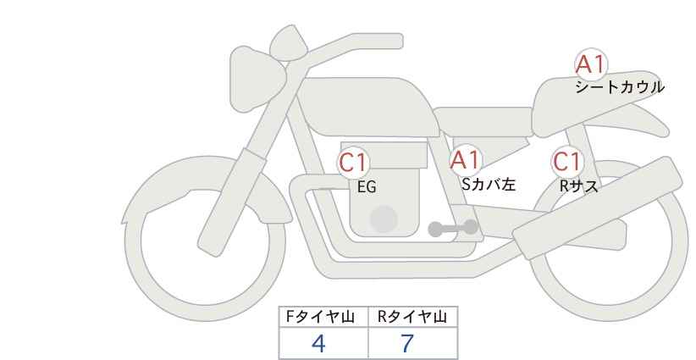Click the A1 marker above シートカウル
tap(591, 64)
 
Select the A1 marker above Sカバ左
tap(465, 160)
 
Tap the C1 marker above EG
tap(354, 163)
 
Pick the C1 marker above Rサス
tap(567, 162)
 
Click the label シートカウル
tap(619, 87)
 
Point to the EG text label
tap(367, 187)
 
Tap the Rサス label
tap(578, 186)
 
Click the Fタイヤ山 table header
tap(324, 317)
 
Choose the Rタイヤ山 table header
tap(412, 317)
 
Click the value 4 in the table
tap(318, 344)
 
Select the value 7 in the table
tap(408, 344)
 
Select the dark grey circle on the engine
tap(384, 219)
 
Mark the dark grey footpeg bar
tap(453, 228)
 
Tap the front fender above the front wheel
tap(195, 182)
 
